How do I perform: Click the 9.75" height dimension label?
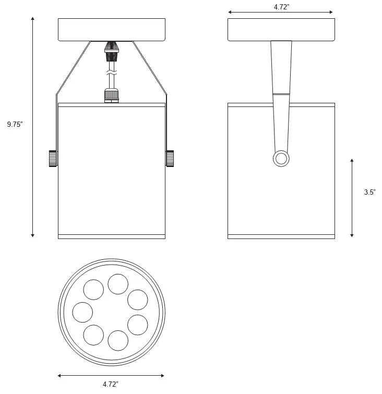pyautogui.click(x=15, y=125)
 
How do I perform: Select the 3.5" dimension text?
pyautogui.click(x=369, y=192)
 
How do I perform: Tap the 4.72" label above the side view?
pyautogui.click(x=282, y=7)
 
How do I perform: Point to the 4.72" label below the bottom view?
pyautogui.click(x=111, y=384)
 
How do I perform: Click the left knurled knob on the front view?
pyautogui.click(x=53, y=158)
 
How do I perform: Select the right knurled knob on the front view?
pyautogui.click(x=170, y=158)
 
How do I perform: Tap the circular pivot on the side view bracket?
pyautogui.click(x=281, y=159)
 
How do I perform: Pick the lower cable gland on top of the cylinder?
pyautogui.click(x=111, y=95)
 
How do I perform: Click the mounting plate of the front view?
pyautogui.click(x=111, y=30)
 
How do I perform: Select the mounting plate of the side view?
pyautogui.click(x=281, y=30)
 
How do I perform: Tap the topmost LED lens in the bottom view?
pyautogui.click(x=118, y=284)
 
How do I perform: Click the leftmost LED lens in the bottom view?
pyautogui.click(x=82, y=312)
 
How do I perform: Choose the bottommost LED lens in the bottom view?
pyautogui.click(x=118, y=340)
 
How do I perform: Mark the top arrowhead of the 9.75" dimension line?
pyautogui.click(x=33, y=19)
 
